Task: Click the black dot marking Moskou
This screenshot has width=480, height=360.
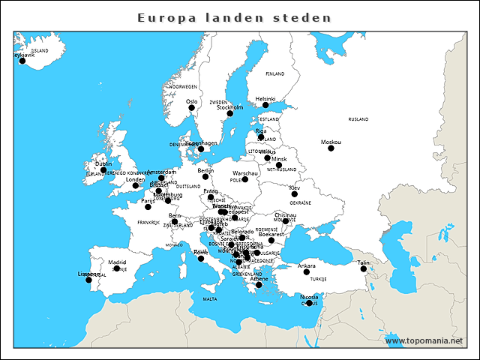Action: point(331,148)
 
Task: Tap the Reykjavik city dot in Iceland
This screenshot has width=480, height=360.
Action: point(22,61)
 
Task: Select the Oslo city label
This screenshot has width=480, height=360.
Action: point(191,101)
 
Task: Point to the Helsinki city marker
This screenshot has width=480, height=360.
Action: point(265,105)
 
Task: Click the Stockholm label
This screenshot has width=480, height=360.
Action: point(230,107)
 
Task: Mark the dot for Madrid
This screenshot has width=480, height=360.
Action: point(116,268)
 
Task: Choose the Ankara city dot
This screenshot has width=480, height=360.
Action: point(306,271)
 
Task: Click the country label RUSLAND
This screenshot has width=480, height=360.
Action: point(358,119)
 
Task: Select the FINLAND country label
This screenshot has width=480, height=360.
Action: point(275,74)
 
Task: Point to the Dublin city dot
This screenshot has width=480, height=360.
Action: point(103,170)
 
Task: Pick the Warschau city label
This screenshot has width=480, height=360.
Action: point(245,173)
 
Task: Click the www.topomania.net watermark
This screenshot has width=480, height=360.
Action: point(424,340)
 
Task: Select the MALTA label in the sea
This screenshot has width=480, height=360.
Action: point(210,299)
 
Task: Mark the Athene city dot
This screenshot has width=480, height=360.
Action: point(259,285)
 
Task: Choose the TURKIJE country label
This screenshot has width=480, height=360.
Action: point(319,278)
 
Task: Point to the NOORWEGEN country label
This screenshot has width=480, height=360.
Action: point(184,87)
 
